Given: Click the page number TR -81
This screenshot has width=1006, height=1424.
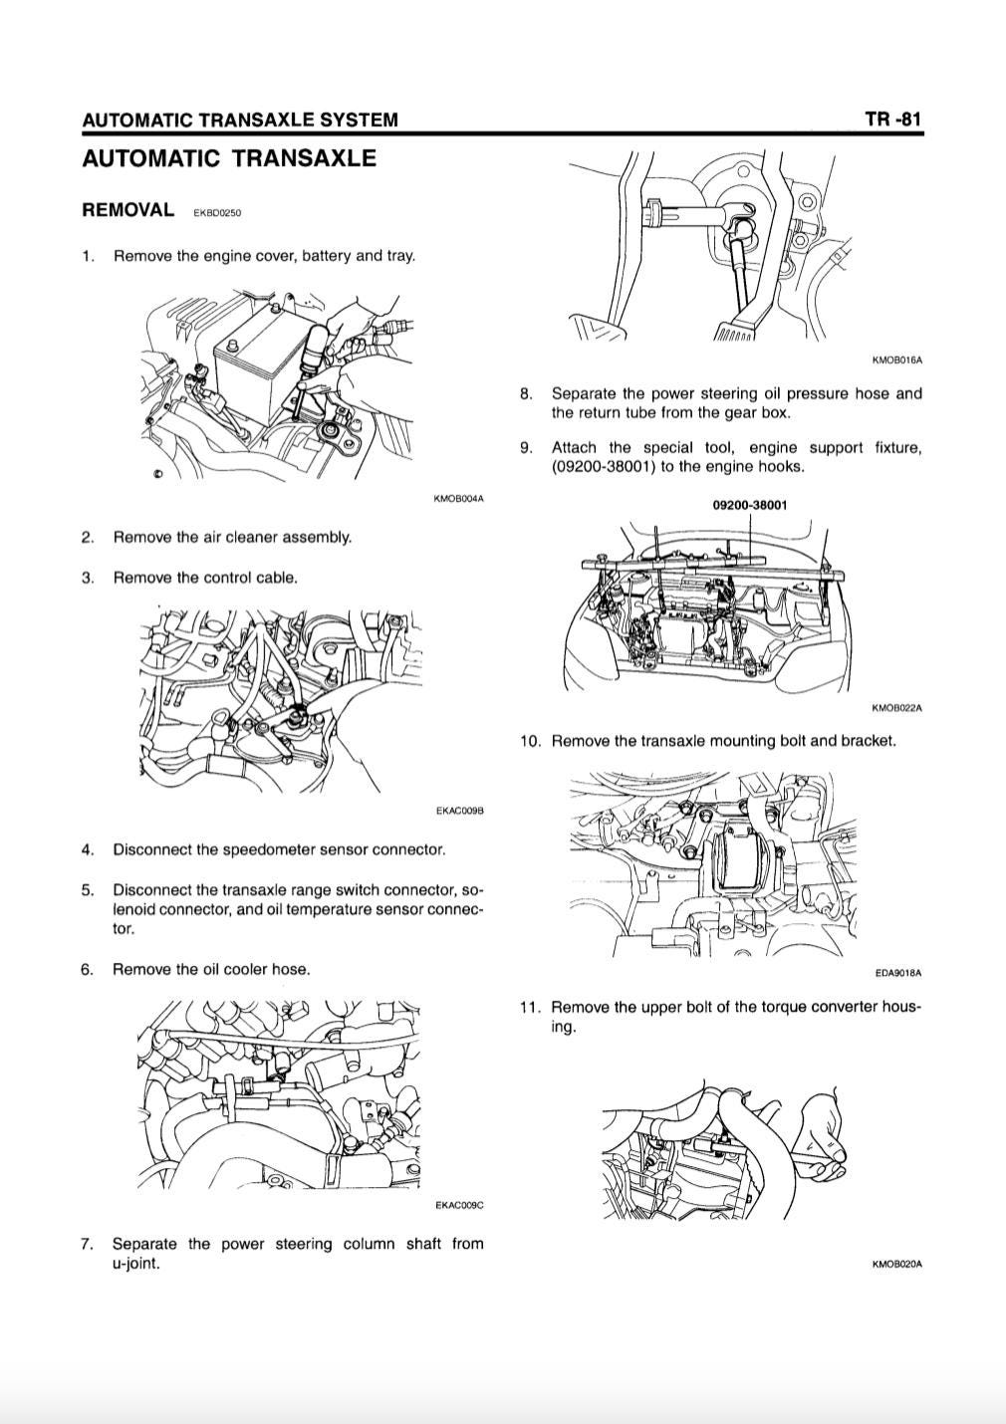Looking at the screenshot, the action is click(893, 119).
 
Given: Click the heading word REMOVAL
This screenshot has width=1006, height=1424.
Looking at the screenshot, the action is click(127, 210).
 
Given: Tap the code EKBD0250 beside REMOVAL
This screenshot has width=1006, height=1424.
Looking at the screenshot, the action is click(217, 213).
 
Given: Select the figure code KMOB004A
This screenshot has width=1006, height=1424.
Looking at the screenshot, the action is click(458, 498).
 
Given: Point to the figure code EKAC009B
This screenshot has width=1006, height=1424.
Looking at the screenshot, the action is click(460, 812).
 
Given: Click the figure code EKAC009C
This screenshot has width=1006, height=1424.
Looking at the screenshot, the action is click(460, 1205).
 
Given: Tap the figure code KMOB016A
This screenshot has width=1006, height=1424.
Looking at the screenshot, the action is click(897, 360).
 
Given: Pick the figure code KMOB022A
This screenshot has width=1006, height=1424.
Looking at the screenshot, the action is click(897, 708).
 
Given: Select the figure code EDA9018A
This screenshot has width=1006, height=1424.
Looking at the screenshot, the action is click(898, 973).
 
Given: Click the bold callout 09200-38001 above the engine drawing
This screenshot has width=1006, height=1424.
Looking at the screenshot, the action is click(750, 505).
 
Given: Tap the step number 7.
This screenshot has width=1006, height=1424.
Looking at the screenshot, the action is click(87, 1244).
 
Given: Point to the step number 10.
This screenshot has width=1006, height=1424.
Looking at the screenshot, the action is click(530, 741).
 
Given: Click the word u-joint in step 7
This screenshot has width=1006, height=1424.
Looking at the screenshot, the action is click(135, 1263).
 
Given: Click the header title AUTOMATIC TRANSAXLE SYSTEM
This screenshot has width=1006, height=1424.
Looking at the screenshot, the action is click(240, 119).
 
